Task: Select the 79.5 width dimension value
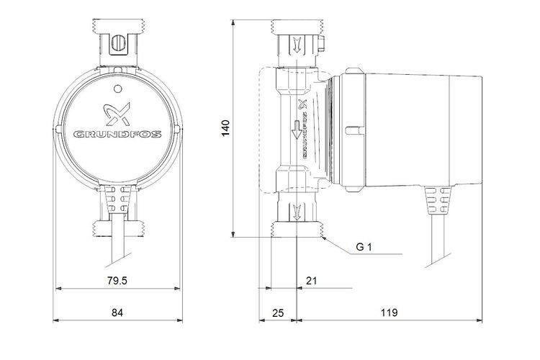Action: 117,280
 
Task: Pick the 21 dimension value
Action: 310,280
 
